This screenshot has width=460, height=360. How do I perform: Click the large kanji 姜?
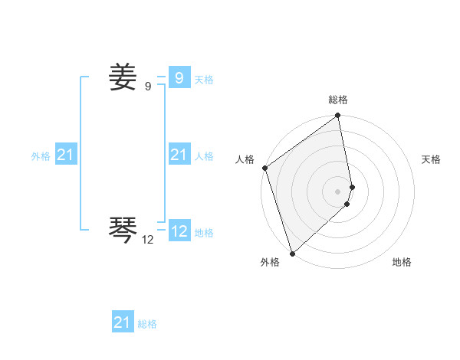(123, 77)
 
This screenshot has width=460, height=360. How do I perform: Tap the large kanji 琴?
(123, 228)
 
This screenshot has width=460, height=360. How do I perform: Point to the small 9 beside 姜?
(148, 87)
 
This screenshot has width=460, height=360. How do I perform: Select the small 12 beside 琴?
(148, 240)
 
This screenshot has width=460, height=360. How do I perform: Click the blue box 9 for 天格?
(179, 77)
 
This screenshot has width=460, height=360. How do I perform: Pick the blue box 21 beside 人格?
(179, 155)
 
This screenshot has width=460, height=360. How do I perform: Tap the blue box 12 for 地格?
(179, 231)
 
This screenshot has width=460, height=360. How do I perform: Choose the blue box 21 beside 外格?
(65, 155)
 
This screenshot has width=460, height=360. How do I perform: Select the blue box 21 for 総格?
(122, 322)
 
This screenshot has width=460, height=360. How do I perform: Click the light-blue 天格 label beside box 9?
(204, 80)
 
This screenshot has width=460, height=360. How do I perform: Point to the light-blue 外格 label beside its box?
(41, 157)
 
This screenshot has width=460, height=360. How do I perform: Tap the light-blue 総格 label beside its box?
(147, 325)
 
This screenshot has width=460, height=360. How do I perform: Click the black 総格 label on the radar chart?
(338, 100)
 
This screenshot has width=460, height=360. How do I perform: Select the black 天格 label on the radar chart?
(432, 159)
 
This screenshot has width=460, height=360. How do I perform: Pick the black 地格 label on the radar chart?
(402, 262)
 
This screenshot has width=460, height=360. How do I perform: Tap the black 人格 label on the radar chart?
(245, 159)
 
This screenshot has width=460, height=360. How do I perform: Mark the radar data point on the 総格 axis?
(338, 116)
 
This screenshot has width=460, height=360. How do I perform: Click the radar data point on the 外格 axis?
(292, 252)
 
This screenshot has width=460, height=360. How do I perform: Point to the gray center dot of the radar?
(338, 191)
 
